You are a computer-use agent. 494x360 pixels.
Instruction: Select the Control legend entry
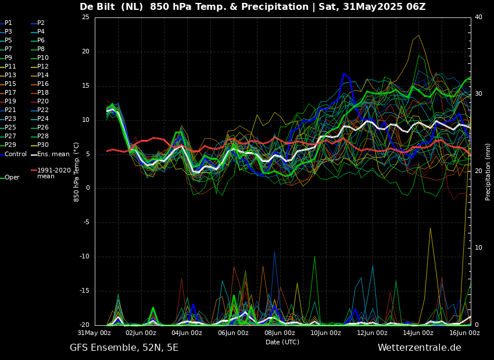click(15, 154)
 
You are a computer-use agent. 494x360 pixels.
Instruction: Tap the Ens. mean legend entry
click(53, 154)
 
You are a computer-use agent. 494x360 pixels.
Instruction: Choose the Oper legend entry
click(12, 177)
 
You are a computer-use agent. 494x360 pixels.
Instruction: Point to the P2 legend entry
click(41, 23)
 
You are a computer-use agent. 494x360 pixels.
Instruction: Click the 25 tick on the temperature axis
click(85, 17)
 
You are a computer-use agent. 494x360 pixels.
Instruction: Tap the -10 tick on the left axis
click(84, 257)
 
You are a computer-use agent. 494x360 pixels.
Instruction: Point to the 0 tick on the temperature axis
click(87, 188)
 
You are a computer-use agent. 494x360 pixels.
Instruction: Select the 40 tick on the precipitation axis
click(478, 17)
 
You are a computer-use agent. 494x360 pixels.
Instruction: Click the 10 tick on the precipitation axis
click(478, 248)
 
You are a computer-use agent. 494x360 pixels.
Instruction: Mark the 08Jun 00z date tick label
click(280, 333)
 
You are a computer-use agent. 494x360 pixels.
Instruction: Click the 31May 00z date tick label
click(95, 333)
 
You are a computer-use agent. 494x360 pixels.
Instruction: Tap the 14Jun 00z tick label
click(418, 333)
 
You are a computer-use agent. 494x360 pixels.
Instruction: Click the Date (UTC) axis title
click(282, 342)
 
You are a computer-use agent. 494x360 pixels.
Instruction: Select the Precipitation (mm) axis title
click(488, 171)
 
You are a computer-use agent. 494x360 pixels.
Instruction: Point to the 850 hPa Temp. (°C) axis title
click(77, 171)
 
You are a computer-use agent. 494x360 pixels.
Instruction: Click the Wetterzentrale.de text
click(419, 348)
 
